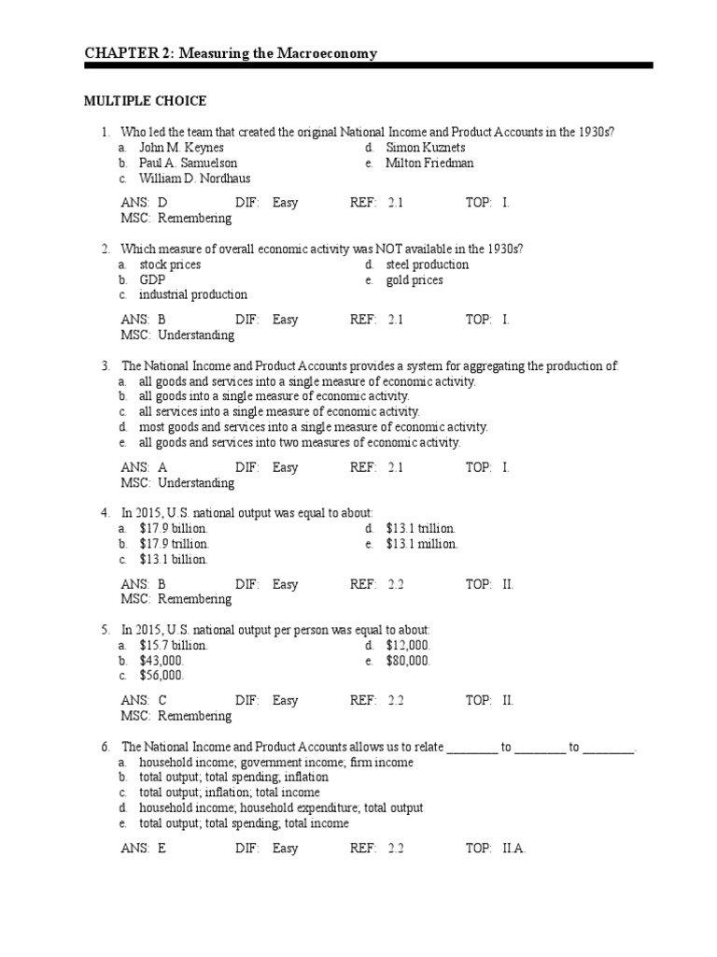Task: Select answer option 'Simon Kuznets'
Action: pos(425,148)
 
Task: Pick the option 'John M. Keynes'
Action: pos(181,148)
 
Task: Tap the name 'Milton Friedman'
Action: pos(429,163)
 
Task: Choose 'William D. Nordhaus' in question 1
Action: pos(194,179)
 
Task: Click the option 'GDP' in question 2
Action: pos(152,279)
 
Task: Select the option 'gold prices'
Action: pos(414,279)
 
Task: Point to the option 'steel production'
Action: pos(427,264)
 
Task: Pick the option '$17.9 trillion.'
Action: pos(175,544)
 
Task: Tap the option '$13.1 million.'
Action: pos(421,544)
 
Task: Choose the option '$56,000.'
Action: pos(162,676)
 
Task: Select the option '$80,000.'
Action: pos(408,661)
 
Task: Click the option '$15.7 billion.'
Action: pos(174,646)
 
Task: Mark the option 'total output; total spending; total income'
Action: pos(244,823)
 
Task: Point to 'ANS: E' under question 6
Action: pos(143,849)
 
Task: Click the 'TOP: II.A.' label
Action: pos(496,849)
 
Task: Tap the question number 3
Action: pos(105,365)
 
